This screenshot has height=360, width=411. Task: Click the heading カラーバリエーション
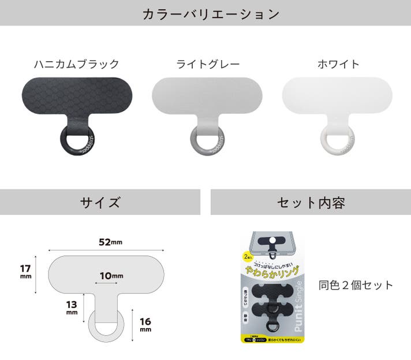point(206,13)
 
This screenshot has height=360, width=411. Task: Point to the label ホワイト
point(338,64)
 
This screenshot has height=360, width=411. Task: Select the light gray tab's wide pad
point(207,96)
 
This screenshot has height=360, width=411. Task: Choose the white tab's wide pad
point(337,96)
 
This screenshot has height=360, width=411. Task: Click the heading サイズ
point(100,202)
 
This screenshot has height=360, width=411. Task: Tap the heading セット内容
point(311,202)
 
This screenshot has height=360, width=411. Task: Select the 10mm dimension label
point(111,276)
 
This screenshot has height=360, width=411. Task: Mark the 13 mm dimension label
point(72,307)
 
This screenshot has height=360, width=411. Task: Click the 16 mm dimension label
point(145,325)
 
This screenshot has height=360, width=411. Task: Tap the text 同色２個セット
point(356,285)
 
